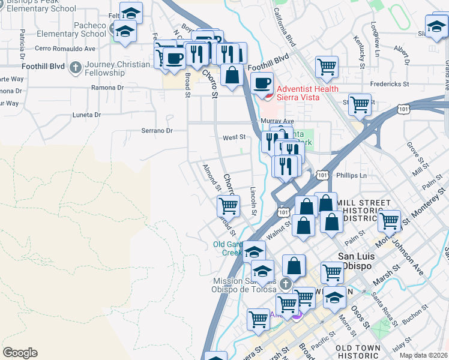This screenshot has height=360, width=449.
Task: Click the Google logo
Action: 20,353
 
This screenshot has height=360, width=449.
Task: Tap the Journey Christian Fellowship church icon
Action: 76,67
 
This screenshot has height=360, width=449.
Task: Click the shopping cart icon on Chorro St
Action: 228,206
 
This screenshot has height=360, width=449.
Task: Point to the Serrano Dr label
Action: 157,130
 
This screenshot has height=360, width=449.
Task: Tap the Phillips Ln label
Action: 351,176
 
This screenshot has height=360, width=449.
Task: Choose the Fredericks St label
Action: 389,85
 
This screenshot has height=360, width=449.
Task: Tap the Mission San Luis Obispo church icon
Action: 286,283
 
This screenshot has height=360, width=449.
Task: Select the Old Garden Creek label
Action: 228,248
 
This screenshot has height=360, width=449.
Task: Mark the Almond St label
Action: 212,178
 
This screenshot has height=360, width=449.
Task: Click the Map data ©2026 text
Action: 423,355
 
